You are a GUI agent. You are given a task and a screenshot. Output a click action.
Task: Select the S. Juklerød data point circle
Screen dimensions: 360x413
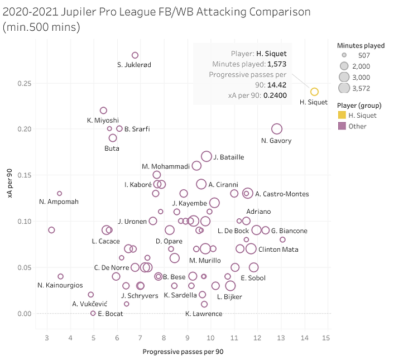coord(135,55)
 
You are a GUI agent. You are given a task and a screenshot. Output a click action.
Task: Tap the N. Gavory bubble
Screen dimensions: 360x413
coord(277,129)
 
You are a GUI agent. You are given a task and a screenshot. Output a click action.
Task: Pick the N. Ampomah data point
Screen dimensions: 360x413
coord(60,194)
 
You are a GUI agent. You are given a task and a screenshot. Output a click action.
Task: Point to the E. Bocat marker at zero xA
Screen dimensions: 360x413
coord(93,313)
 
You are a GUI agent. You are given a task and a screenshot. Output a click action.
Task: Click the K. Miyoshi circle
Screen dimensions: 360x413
coord(103,111)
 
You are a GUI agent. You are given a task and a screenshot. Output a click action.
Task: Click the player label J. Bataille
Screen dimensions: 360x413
coord(228,157)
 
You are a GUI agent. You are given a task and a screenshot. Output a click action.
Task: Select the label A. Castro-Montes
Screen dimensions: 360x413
coord(282,194)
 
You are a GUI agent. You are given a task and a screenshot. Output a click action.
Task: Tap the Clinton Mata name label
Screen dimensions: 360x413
coord(278,249)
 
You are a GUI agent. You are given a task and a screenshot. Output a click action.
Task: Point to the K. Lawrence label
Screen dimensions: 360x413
coord(204,314)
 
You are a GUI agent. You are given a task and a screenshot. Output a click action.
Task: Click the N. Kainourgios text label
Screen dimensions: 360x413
coord(60,285)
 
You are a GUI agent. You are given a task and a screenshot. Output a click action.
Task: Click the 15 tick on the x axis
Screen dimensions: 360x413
coord(326,338)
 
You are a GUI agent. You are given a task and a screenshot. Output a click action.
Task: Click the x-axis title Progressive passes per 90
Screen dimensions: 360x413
coord(183,352)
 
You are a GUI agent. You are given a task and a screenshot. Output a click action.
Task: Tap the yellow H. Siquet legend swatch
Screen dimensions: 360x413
coord(342,116)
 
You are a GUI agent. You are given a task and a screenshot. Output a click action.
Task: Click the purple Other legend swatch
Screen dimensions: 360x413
coord(342,126)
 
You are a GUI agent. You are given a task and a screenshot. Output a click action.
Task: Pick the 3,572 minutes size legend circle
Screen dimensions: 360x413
coord(344,88)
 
